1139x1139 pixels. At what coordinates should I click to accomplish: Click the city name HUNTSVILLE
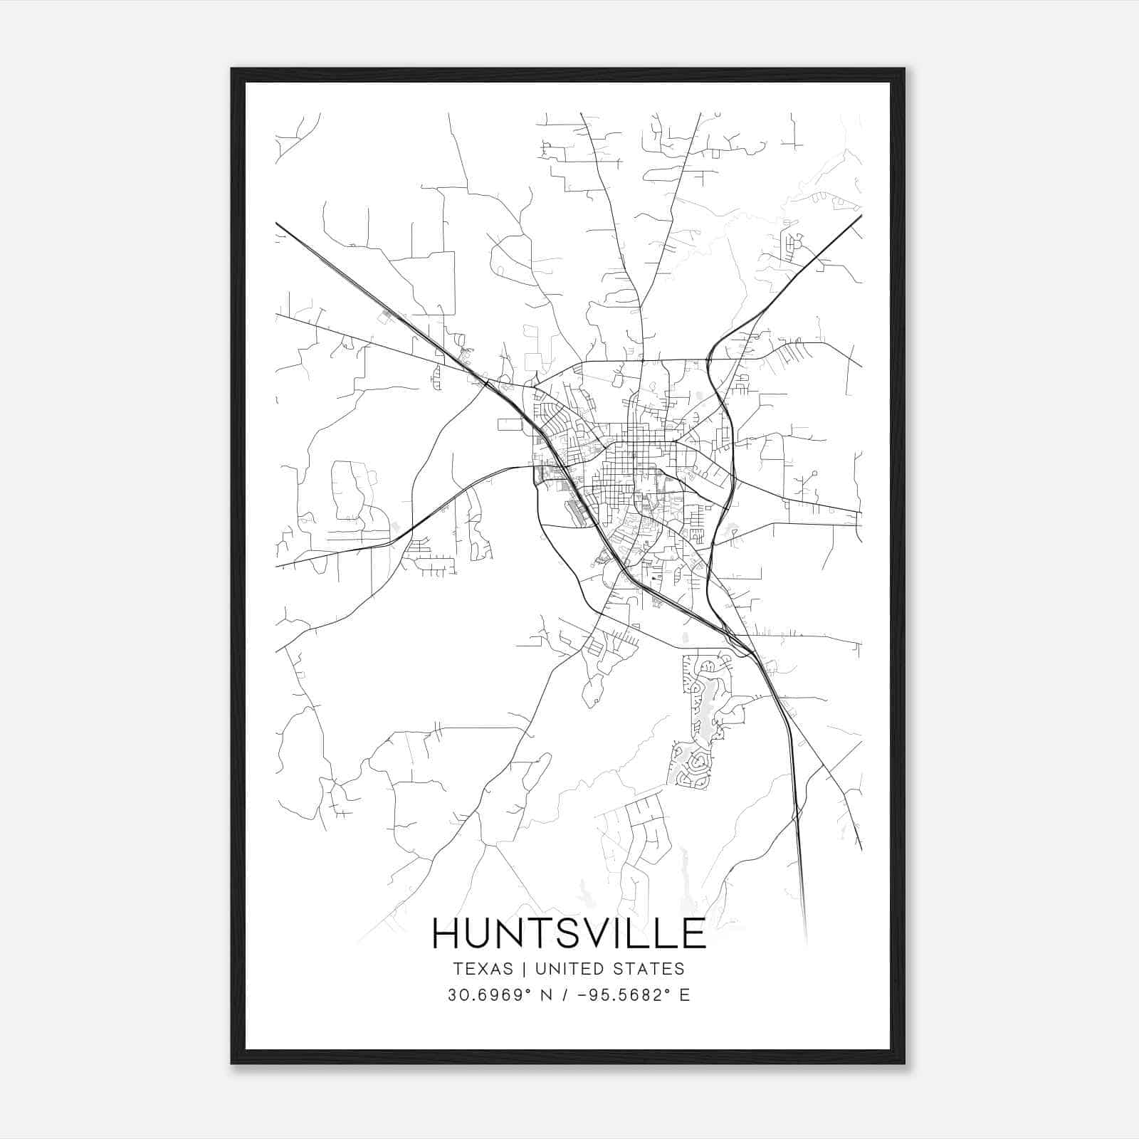coord(569,933)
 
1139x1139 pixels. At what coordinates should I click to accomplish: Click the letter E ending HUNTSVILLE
coord(692,933)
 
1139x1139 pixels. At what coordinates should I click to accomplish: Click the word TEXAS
coord(483,969)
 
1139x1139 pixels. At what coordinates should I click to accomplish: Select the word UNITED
coord(569,969)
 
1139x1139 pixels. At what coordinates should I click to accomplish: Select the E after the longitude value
coord(685,995)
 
